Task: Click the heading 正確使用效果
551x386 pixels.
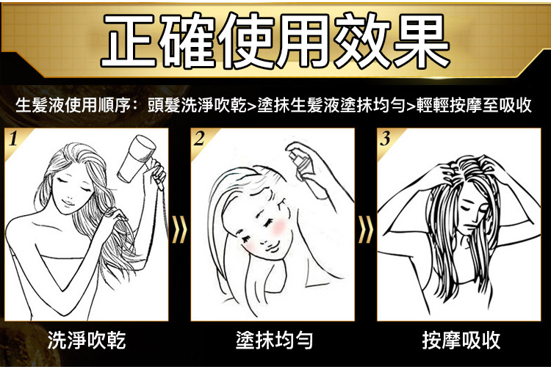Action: point(275,40)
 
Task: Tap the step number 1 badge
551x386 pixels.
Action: point(13,139)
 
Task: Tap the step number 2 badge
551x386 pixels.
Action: point(199,139)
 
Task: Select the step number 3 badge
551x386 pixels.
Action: point(385,139)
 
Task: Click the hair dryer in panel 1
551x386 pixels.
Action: point(137,158)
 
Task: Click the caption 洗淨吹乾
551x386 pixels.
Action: point(87,340)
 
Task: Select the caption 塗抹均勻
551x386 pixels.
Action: point(275,340)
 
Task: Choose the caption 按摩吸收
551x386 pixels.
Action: point(461,340)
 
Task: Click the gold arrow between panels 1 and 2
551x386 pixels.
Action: point(179,230)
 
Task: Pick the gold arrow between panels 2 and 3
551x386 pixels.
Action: point(365,230)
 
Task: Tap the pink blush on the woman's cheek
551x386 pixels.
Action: point(279,226)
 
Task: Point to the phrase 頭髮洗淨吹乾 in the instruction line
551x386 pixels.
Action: point(197,105)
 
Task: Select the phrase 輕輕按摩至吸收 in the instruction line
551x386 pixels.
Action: point(474,105)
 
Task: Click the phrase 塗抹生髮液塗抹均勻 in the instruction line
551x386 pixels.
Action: point(331,105)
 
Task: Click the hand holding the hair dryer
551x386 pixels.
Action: point(157,172)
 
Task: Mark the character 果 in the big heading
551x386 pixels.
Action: point(422,40)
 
